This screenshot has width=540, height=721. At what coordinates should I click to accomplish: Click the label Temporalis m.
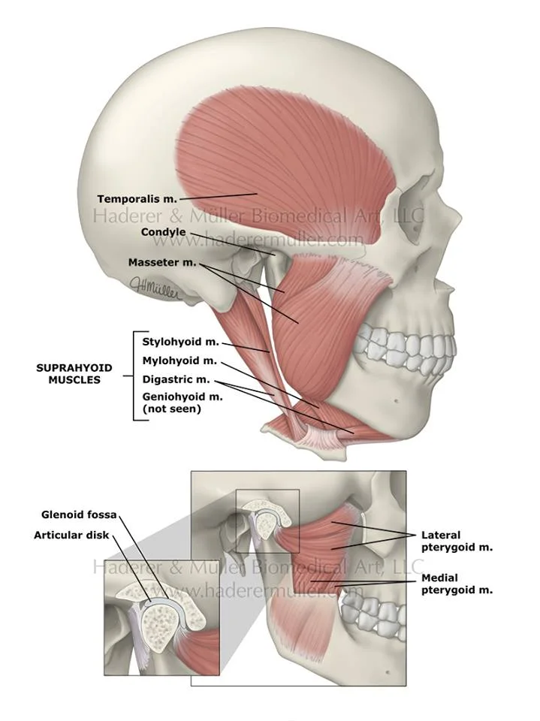point(137,199)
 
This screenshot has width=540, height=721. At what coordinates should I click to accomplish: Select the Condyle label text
point(163,232)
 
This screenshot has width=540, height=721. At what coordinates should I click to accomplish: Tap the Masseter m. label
point(161,263)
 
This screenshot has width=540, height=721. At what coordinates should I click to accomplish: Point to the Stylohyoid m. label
point(180,342)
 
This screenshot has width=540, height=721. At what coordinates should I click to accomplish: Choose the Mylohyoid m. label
point(179,361)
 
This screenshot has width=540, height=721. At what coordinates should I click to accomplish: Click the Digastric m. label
point(176,380)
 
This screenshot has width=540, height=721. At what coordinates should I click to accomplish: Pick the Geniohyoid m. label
point(183,397)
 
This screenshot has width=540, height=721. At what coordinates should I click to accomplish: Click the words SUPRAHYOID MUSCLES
point(74,374)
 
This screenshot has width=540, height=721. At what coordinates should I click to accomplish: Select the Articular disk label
point(71,535)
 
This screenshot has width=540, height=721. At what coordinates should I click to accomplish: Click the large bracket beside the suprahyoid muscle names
point(135,375)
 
